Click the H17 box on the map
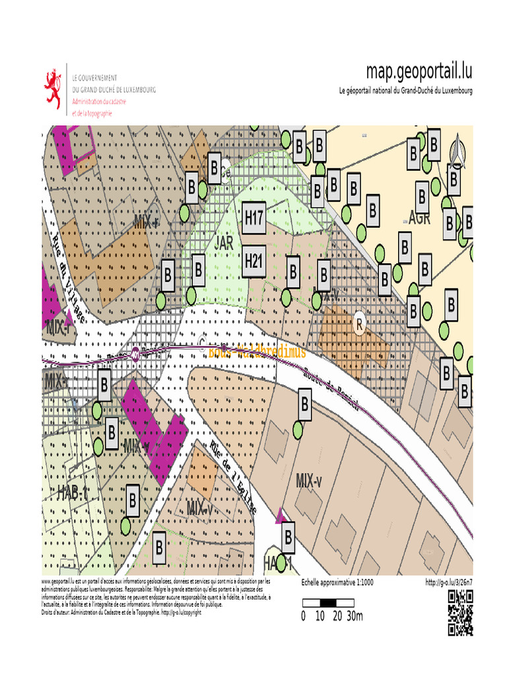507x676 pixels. tap(254, 217)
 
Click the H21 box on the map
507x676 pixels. tap(254, 261)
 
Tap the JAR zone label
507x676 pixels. tap(224, 242)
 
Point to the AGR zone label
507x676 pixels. tap(419, 218)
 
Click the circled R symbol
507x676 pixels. tap(360, 324)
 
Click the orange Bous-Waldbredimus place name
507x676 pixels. tap(257, 353)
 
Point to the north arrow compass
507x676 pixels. tap(456, 151)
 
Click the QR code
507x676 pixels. tap(461, 613)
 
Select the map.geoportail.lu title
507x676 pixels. tap(419, 71)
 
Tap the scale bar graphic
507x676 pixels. tap(328, 602)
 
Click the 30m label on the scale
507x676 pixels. tap(355, 617)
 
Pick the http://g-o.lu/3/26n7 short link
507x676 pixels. tap(449, 582)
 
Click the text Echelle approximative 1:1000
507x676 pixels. tap(337, 582)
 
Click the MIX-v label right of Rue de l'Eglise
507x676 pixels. tap(309, 480)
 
